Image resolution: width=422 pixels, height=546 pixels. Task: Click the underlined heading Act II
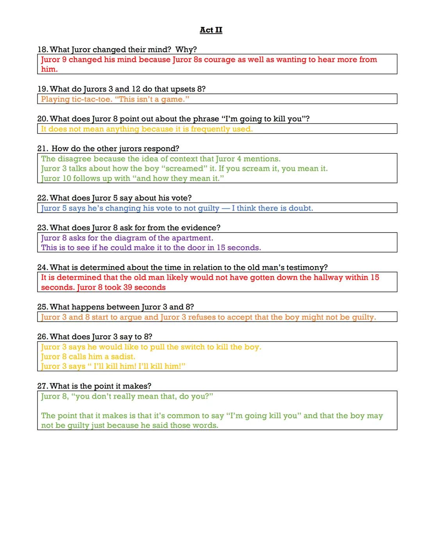[211, 30]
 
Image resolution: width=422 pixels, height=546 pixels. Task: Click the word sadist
[123, 357]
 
